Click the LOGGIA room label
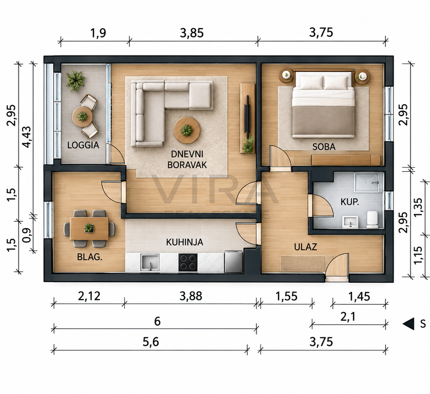tap(83, 145)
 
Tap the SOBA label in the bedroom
tap(324, 147)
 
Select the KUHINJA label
tap(185, 242)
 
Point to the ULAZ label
tap(305, 247)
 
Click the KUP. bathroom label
tap(349, 202)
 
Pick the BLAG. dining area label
tap(90, 257)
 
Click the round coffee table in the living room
tap(187, 130)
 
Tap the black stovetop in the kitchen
tap(188, 262)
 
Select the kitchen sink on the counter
tap(150, 263)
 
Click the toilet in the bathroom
tap(373, 220)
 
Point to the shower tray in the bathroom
tap(368, 182)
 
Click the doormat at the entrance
tap(302, 264)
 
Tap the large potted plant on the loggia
tap(75, 80)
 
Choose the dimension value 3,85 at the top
tap(192, 33)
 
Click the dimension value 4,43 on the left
tap(27, 136)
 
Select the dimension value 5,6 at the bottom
tap(151, 342)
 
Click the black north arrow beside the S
tap(408, 324)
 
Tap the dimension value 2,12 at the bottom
tap(89, 296)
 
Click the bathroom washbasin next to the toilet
tap(350, 222)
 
